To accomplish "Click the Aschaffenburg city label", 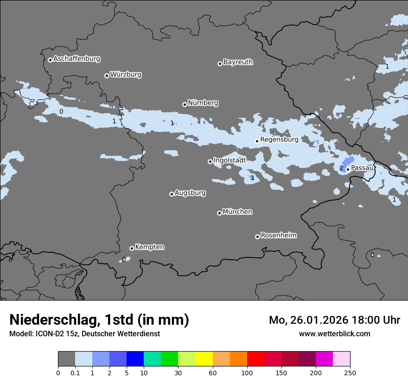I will click(76, 59).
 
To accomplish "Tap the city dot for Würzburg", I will click(107, 76).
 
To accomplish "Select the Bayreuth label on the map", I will click(238, 62).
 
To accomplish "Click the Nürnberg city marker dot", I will click(185, 104).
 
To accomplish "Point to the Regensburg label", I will click(279, 139).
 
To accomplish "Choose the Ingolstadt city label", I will click(229, 160).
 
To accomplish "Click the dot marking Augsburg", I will click(172, 194).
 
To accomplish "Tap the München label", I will click(237, 212).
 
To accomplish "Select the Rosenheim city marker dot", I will click(257, 237).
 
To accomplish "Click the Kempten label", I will click(149, 247).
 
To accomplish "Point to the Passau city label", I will click(362, 168).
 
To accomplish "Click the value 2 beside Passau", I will click(341, 168).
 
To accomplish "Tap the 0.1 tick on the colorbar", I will click(75, 372).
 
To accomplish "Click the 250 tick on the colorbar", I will click(350, 372).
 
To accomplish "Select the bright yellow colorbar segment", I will click(204, 359).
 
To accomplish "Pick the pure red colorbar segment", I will click(255, 359).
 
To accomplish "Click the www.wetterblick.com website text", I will click(334, 334).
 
